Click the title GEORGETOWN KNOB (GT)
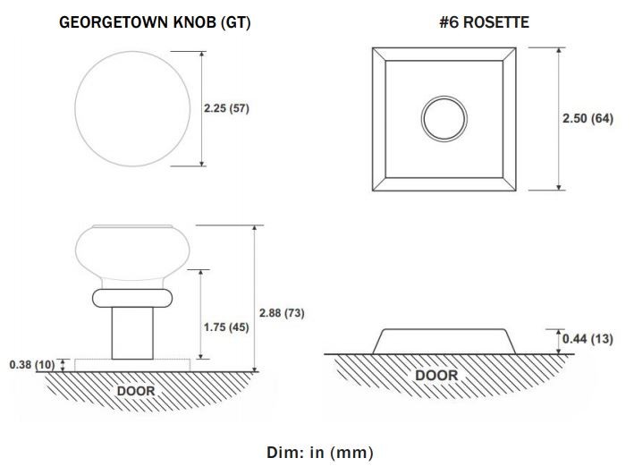coord(155,22)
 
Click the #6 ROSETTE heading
coord(485,22)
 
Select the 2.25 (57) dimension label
coord(226,108)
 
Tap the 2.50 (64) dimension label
coord(588,119)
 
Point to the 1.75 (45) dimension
coord(226,327)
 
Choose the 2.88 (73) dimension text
coord(282,313)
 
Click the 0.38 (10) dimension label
coord(32,365)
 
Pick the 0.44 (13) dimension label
coord(588,339)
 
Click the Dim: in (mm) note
coord(320,453)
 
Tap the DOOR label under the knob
coord(136,391)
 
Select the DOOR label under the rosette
coord(436,375)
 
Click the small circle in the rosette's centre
coord(444,97)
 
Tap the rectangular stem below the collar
coord(132,333)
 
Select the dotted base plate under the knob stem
coord(132,365)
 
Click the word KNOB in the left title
coord(194,22)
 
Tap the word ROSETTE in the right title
coord(496,22)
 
